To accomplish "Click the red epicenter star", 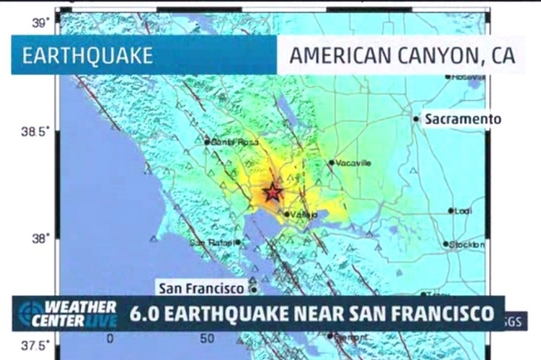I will pyautogui.click(x=272, y=192).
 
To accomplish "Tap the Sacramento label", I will pyautogui.click(x=462, y=119).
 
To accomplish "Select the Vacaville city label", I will pyautogui.click(x=353, y=162).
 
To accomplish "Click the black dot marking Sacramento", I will pyautogui.click(x=416, y=119).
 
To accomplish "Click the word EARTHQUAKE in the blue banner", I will pyautogui.click(x=87, y=56).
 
